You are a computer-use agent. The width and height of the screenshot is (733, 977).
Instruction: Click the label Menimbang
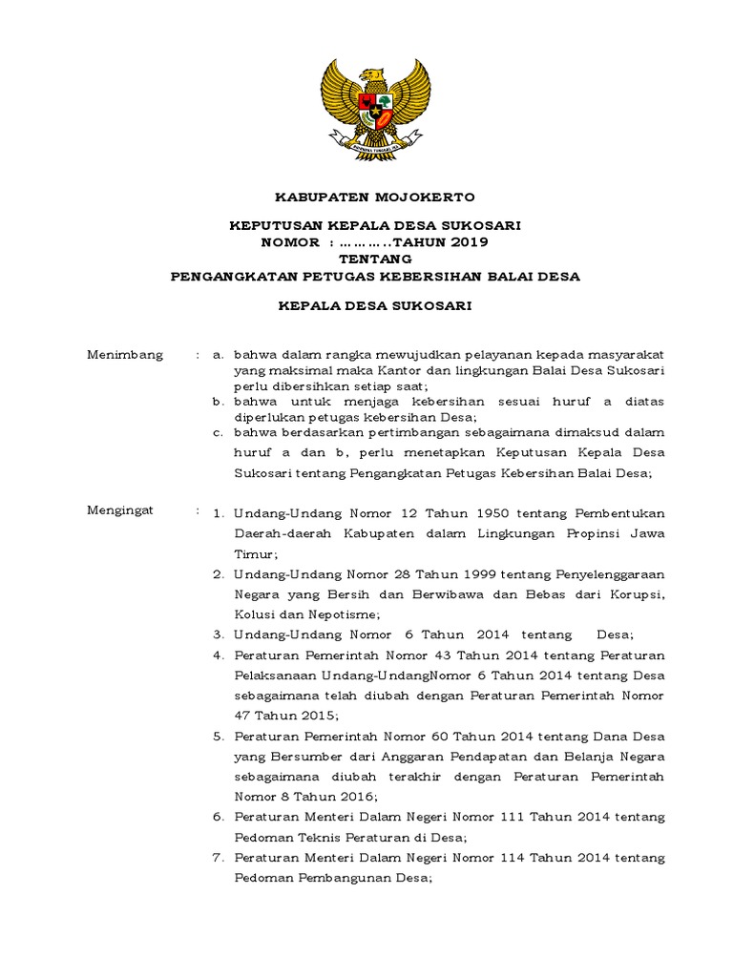tap(125, 355)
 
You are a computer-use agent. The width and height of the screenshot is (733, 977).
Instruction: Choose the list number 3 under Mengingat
tap(218, 634)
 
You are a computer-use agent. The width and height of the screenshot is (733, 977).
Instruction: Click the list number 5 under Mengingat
tap(218, 738)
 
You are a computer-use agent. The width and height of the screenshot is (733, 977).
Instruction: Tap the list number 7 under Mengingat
tap(218, 858)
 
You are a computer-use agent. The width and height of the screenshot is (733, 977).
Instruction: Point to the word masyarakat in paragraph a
tap(624, 355)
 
